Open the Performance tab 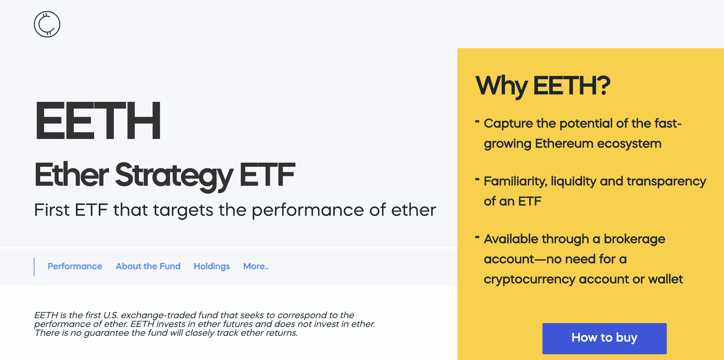[75, 266]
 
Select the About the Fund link [148, 266]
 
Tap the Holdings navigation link [212, 266]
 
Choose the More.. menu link [256, 266]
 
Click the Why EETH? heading [543, 86]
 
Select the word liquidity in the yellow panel [573, 181]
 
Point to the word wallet [665, 279]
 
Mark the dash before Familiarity [477, 179]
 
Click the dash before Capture [477, 121]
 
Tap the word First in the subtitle [52, 210]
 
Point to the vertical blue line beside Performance [34, 267]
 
